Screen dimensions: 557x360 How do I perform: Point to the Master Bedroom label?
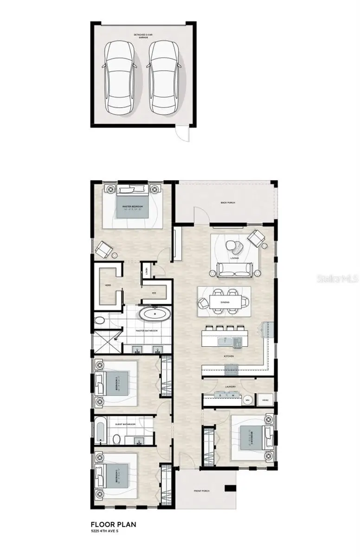coord(132,206)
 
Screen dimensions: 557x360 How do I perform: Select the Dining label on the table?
coord(225,303)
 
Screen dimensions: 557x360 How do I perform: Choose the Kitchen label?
coord(228,356)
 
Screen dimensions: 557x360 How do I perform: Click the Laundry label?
coord(231,387)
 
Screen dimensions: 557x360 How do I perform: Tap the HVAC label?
coord(265,400)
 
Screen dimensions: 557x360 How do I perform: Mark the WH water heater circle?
coord(248,400)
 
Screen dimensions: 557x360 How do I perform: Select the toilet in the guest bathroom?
coord(117,439)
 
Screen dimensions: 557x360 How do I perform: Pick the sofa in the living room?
coord(234,269)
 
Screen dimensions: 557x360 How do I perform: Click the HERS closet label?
coord(107,285)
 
